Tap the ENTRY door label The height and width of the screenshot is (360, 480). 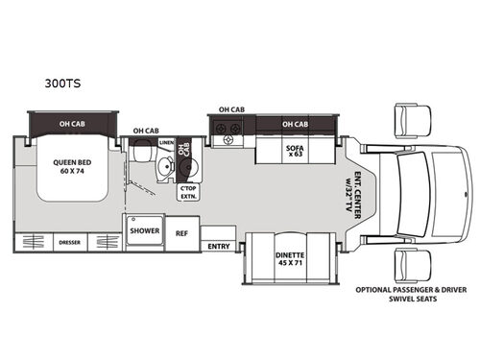pos(218,246)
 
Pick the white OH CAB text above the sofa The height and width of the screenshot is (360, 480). pos(295,125)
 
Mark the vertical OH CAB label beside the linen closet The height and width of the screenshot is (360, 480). pos(185,150)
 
